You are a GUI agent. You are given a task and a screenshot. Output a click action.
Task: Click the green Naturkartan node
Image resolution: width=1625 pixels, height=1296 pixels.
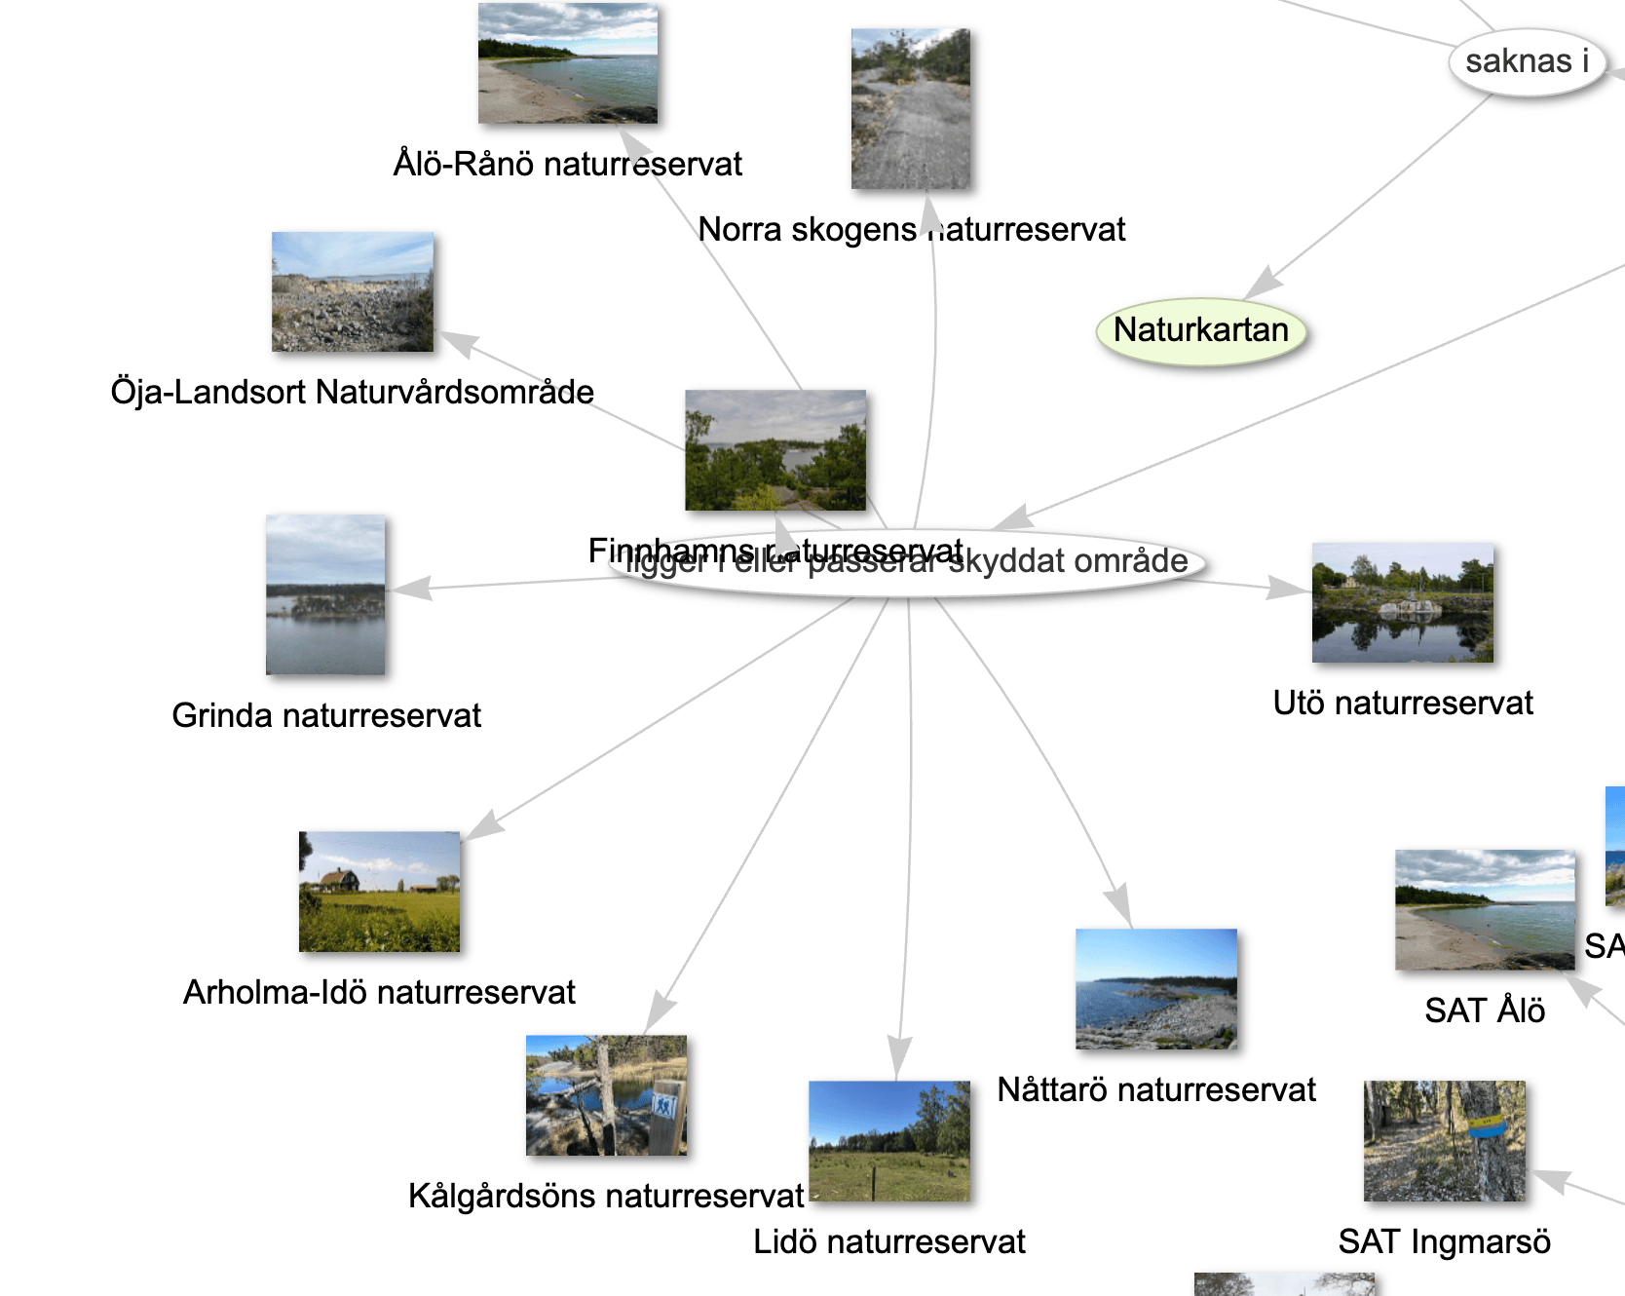click(x=1200, y=331)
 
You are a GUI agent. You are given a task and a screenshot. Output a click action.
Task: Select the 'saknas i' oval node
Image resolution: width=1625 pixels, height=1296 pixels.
click(x=1526, y=62)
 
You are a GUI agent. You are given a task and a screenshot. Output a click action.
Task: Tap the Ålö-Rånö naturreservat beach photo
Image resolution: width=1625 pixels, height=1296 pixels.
click(x=568, y=63)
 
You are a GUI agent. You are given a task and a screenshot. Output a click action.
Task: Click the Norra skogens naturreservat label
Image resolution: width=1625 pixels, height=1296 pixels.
click(x=911, y=230)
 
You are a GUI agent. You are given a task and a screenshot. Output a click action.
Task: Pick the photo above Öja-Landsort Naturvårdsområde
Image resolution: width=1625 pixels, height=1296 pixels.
click(x=353, y=291)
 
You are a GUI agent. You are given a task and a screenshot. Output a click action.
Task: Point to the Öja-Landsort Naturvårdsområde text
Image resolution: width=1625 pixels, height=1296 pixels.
click(x=352, y=392)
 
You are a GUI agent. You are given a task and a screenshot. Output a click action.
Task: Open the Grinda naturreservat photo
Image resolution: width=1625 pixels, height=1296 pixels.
click(x=325, y=594)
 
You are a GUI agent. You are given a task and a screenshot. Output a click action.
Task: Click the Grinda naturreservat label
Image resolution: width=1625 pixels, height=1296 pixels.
click(x=326, y=715)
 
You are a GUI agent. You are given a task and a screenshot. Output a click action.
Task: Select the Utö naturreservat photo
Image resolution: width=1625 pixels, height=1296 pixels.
click(x=1402, y=602)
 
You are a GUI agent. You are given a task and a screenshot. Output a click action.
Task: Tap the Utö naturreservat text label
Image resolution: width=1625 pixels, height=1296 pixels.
click(x=1402, y=703)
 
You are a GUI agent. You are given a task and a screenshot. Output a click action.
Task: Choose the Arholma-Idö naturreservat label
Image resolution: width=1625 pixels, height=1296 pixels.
click(x=379, y=992)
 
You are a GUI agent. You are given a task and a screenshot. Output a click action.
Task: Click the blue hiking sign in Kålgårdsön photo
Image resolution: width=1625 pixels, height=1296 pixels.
click(x=664, y=1106)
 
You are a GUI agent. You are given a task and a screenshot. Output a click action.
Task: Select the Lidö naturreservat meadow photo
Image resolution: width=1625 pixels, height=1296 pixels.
click(x=889, y=1141)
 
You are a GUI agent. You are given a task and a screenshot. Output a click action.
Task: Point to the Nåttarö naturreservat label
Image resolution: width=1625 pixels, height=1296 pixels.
click(x=1156, y=1089)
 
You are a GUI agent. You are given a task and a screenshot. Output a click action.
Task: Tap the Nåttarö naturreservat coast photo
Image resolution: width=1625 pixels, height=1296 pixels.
click(x=1156, y=988)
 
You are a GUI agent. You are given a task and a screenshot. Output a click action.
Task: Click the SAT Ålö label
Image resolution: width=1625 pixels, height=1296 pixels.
click(x=1484, y=1010)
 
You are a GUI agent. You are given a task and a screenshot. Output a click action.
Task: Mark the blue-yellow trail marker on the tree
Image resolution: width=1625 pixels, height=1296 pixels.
click(x=1487, y=1127)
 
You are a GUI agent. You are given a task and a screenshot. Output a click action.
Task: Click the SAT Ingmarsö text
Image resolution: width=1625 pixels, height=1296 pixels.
click(x=1444, y=1241)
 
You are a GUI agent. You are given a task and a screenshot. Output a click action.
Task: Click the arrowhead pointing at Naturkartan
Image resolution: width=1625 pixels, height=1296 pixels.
click(x=1264, y=283)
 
